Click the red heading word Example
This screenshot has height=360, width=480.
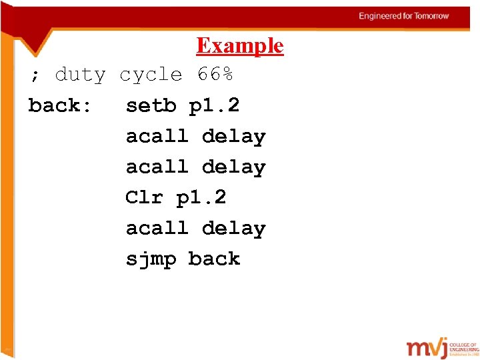click(x=240, y=45)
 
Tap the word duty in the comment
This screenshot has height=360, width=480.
click(x=80, y=75)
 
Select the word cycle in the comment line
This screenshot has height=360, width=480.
click(x=151, y=75)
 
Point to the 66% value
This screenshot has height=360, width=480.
click(x=215, y=75)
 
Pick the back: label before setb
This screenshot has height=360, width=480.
click(x=60, y=105)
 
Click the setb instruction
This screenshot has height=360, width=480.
click(x=151, y=105)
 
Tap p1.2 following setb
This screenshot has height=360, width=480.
click(x=214, y=105)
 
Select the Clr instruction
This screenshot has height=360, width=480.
click(x=144, y=197)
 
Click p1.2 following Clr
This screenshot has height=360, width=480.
click(x=201, y=197)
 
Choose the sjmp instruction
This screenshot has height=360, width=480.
click(x=151, y=259)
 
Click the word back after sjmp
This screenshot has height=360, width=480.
click(x=214, y=259)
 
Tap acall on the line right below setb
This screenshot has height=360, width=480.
click(x=157, y=136)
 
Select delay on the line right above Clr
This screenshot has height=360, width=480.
click(x=233, y=167)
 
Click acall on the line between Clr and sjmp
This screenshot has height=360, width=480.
click(x=157, y=228)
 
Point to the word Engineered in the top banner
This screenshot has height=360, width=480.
click(x=380, y=16)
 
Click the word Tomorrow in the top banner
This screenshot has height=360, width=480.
click(x=432, y=16)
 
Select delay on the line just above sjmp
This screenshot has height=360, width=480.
click(x=233, y=228)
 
